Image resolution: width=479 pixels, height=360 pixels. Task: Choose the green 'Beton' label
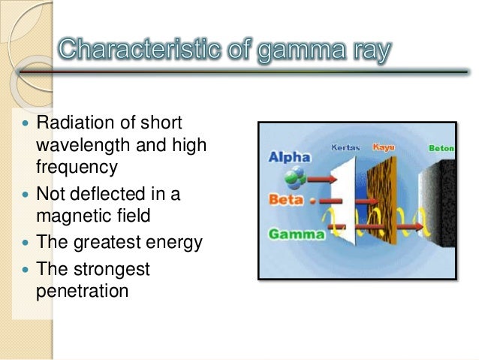pyautogui.click(x=441, y=148)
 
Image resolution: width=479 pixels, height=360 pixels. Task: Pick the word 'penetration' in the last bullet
pyautogui.click(x=82, y=289)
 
